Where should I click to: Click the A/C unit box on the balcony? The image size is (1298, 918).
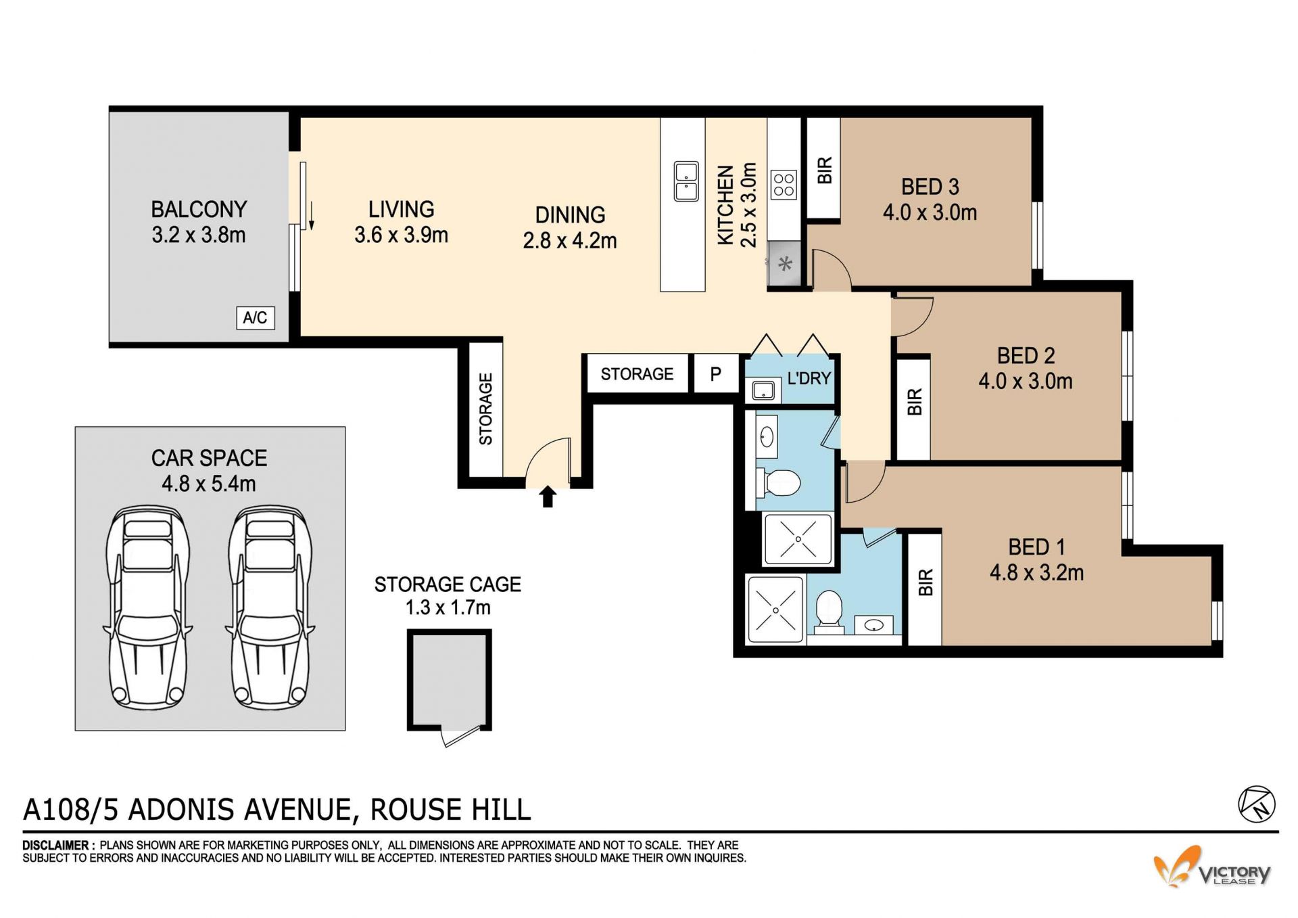coord(255,318)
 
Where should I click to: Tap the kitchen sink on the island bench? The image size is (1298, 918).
coord(686,181)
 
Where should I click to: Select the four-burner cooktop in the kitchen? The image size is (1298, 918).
coord(784,185)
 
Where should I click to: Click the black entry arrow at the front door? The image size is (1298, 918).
coord(548,497)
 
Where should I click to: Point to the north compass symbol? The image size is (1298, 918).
coord(1256,804)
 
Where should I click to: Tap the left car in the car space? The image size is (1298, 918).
coord(147,607)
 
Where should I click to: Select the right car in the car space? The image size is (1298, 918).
coord(270,607)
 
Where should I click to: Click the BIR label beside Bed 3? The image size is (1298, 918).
coord(824,170)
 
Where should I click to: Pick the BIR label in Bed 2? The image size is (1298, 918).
coord(914,402)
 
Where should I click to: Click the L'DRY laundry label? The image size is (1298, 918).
coord(809,379)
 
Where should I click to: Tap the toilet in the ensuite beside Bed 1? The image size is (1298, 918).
coord(829,610)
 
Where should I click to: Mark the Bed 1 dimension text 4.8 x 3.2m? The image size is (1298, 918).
coord(1036,573)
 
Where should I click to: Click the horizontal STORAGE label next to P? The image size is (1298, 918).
coord(637,374)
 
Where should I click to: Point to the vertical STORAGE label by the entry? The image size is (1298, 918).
coord(485,409)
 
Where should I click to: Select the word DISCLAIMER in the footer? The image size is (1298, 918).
coord(55,846)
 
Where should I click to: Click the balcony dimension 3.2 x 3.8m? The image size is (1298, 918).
coord(199,235)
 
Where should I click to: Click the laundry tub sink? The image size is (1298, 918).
coord(763,390)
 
